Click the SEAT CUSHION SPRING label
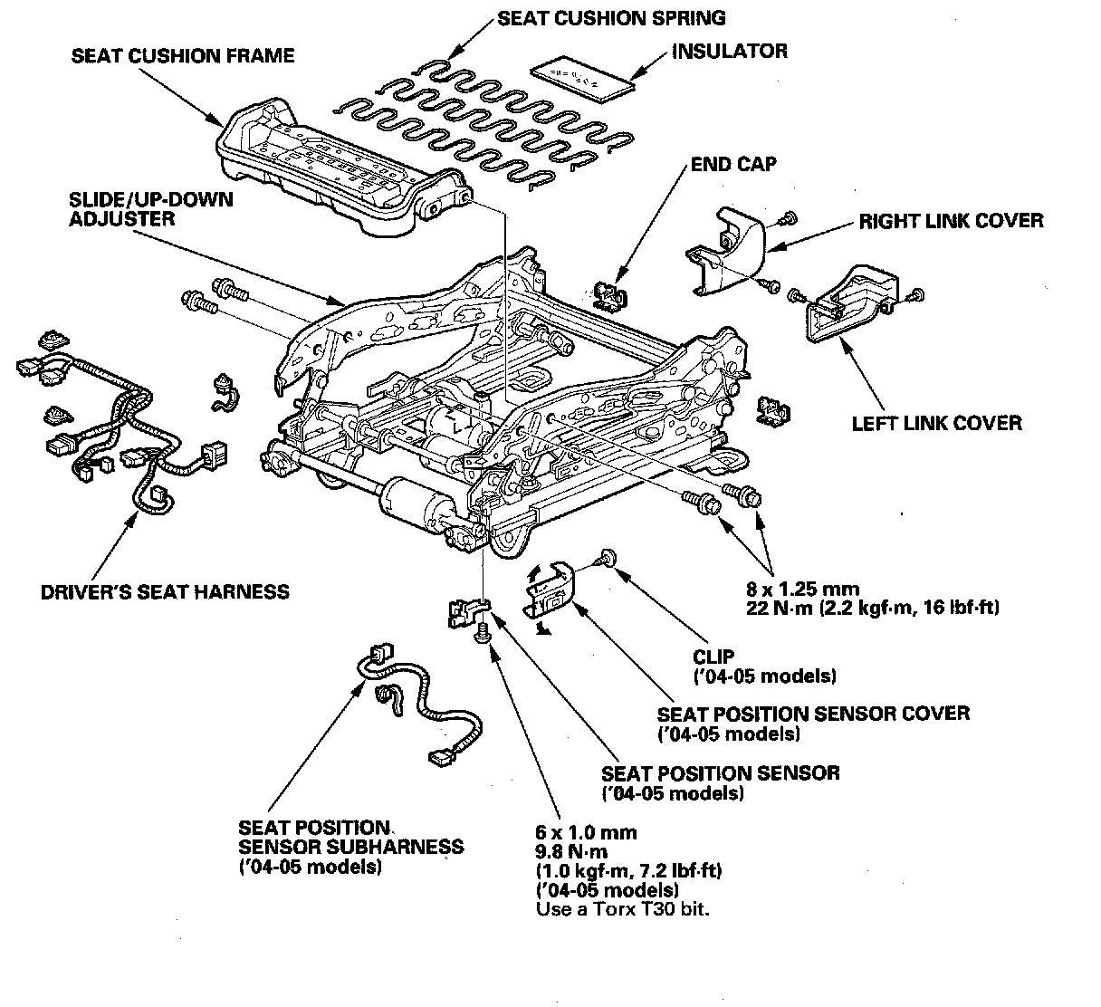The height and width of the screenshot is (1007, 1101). coord(611,18)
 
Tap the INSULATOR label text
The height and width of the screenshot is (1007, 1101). coord(730,51)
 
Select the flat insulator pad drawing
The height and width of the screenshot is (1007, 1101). coord(583,79)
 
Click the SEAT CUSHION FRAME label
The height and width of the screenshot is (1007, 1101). coord(183,55)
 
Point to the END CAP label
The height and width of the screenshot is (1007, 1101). coord(733,164)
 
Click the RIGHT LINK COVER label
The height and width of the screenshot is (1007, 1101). coord(952,221)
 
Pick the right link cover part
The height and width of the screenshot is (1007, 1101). coord(725,250)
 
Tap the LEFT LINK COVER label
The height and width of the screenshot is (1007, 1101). coord(937,423)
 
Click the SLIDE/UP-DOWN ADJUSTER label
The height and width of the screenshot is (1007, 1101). coord(151,208)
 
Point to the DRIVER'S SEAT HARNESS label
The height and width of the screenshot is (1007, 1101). coord(165,591)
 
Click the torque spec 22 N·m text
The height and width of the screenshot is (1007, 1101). coord(873,608)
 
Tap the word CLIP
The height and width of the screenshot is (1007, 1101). coord(713,657)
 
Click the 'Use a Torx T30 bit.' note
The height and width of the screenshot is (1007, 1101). coord(622,908)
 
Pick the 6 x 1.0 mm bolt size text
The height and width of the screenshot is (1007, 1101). coord(586,832)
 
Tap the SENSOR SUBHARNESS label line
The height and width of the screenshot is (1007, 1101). coord(350,847)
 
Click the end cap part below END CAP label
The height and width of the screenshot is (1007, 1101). coord(610,295)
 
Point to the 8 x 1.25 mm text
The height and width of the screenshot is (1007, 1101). coord(802,590)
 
